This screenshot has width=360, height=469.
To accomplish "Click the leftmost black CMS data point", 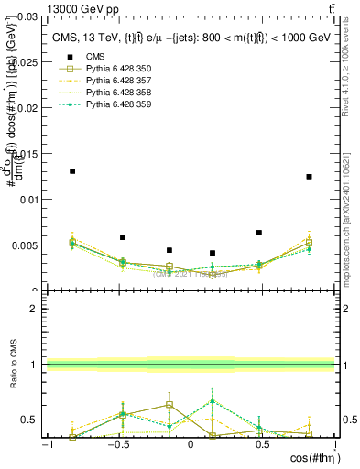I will [x=72, y=171].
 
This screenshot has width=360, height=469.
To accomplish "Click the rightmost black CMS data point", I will [x=309, y=177].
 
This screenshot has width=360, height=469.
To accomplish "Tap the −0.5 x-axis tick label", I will [x=117, y=444].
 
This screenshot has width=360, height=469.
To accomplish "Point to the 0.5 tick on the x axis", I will [x=263, y=444].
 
